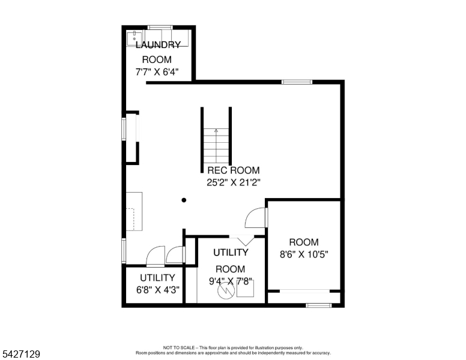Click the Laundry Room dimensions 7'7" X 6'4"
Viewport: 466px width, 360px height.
point(157,72)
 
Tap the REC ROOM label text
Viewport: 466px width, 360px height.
point(233,170)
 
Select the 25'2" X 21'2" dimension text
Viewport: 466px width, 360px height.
point(234,182)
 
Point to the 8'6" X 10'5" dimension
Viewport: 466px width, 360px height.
point(304,254)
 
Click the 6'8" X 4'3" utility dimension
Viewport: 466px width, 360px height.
point(157,290)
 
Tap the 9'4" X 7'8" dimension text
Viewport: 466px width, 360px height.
point(231,281)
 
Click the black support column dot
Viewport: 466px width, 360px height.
point(184,200)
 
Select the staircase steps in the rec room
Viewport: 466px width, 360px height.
point(216,146)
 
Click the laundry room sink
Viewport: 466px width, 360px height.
point(135,38)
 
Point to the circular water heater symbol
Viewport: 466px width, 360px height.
point(226,290)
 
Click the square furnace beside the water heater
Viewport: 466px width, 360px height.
point(245,289)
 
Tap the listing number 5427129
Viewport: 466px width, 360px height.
point(21,354)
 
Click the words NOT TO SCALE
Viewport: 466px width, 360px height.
point(179,347)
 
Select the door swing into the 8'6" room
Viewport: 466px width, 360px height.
point(255,218)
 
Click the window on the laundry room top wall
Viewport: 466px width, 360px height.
point(160,28)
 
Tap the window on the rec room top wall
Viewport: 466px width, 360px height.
point(297,82)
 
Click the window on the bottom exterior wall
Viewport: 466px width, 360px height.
point(319,305)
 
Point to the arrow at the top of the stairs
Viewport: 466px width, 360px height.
point(216,131)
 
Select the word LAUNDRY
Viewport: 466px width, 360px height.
point(158,45)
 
